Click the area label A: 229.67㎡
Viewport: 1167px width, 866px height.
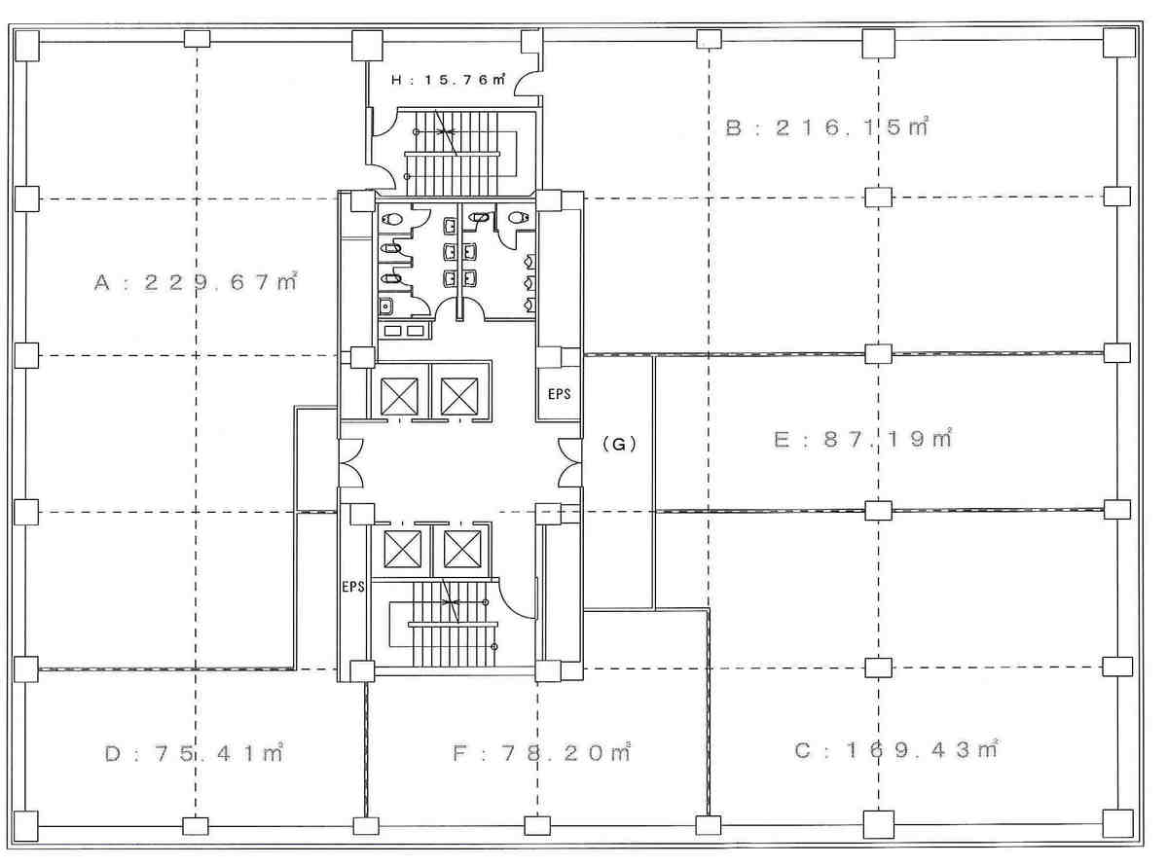(196, 282)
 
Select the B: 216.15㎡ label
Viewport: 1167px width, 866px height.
(827, 126)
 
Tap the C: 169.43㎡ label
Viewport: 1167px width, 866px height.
(896, 749)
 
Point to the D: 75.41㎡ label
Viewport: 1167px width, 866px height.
(194, 753)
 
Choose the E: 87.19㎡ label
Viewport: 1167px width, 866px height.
(863, 439)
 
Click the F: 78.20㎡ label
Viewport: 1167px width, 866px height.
(542, 753)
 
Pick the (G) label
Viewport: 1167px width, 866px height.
(619, 444)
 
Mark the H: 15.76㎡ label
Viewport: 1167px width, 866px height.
(448, 79)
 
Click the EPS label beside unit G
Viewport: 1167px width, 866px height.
(559, 393)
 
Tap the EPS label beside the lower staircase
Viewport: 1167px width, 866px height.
(352, 587)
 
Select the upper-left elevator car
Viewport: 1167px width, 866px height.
(400, 397)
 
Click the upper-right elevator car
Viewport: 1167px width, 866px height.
(459, 397)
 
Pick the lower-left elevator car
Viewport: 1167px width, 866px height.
(403, 550)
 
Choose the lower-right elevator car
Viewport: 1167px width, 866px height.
(462, 550)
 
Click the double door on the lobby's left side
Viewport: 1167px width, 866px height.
(351, 462)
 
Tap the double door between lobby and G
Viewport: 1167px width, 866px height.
(570, 462)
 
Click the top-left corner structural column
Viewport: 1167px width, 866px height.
(27, 45)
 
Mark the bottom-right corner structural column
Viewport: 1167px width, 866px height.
(1118, 824)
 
